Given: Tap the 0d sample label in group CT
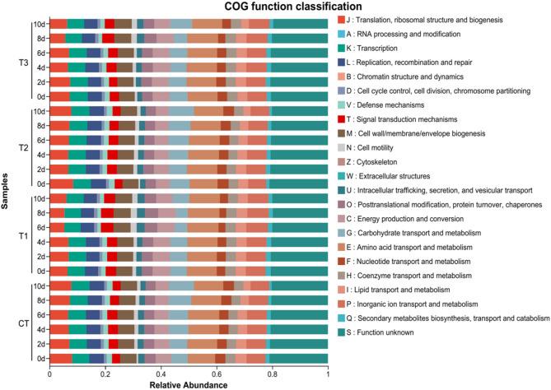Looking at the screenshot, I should [40, 359].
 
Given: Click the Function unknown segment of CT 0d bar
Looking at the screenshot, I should [300, 359].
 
